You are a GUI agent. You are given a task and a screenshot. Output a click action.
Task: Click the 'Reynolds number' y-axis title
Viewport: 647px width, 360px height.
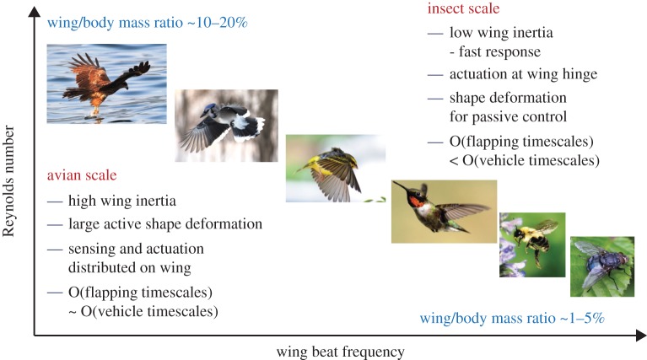8,181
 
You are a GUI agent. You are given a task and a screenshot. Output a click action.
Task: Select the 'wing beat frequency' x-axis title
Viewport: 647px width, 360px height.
341,352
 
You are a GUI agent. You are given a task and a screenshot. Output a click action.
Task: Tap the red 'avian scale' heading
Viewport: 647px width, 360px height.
82,175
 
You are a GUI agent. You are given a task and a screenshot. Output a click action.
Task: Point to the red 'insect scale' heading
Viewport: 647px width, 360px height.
463,8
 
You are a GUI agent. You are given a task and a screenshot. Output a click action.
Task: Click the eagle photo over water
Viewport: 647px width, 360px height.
107,83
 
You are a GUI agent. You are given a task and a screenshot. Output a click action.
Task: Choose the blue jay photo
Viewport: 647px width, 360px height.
227,126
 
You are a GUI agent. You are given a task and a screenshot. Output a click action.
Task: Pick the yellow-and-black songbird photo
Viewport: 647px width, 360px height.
336,169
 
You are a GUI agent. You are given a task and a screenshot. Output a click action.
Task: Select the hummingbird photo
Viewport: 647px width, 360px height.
445,212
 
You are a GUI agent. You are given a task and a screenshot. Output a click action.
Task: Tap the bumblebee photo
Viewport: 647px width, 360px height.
532,245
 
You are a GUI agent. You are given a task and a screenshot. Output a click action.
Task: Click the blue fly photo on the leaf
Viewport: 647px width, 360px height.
602,266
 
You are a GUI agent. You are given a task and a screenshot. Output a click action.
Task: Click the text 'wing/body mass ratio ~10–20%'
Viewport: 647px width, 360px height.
148,23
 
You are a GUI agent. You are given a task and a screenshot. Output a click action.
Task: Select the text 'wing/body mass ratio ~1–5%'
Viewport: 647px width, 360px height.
512,319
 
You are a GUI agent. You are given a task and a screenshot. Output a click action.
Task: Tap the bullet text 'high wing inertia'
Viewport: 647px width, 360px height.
122,201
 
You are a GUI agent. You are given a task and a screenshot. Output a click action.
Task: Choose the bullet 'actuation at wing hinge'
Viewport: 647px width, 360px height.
523,74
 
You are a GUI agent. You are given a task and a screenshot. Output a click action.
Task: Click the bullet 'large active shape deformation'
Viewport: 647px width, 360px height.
165,224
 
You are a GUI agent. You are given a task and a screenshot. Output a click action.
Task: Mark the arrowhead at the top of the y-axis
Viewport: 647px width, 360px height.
34,12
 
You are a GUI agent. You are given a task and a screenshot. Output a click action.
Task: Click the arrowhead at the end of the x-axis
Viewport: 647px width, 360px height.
641,336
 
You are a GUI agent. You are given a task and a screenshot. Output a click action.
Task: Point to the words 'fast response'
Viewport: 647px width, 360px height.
499,52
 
